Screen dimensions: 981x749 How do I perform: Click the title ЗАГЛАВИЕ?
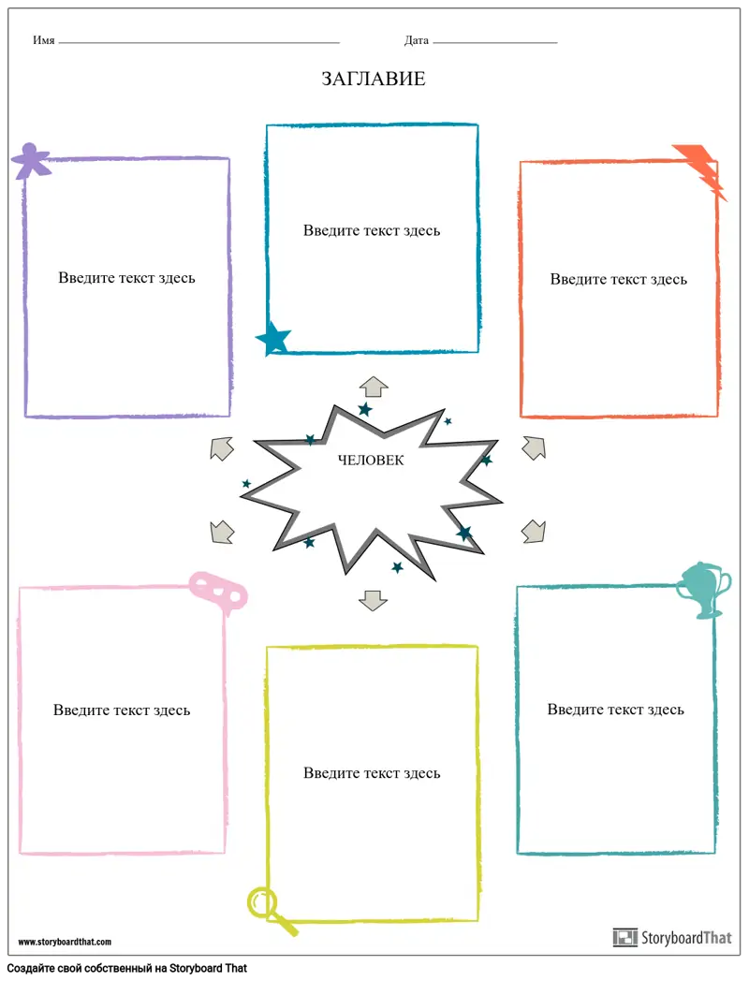374,80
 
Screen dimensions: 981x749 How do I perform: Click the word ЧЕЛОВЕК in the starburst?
372,460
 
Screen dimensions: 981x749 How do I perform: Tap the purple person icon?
30,160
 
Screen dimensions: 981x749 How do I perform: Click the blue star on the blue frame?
274,338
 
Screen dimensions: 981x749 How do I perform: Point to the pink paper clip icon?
217,590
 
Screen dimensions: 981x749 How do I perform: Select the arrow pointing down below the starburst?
374,600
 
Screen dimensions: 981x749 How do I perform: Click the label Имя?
43,41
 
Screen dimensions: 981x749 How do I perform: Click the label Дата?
417,41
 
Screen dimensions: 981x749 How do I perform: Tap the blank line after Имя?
198,43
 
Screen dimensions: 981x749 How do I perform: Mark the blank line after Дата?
494,43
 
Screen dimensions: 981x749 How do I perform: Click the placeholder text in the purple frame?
127,278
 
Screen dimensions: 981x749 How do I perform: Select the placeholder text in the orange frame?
618,280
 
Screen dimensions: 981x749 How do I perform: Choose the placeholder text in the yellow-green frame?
372,773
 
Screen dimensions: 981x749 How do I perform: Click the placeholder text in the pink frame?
122,710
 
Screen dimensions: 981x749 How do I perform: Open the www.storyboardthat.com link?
65,942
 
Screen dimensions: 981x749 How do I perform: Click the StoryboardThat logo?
672,937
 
